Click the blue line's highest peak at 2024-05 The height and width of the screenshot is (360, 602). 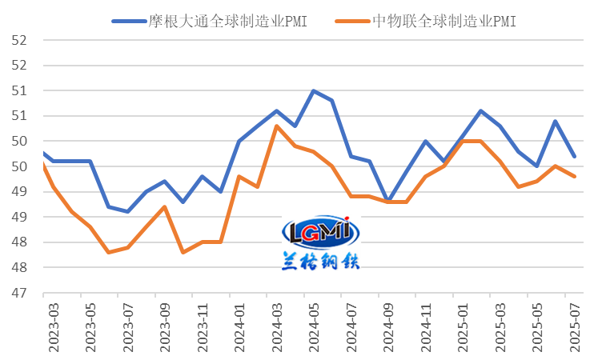[313, 90]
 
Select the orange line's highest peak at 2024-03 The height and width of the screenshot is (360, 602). [276, 126]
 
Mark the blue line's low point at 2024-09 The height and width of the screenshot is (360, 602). [388, 201]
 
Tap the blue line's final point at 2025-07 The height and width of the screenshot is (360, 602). [574, 157]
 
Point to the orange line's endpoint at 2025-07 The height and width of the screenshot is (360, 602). [574, 177]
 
